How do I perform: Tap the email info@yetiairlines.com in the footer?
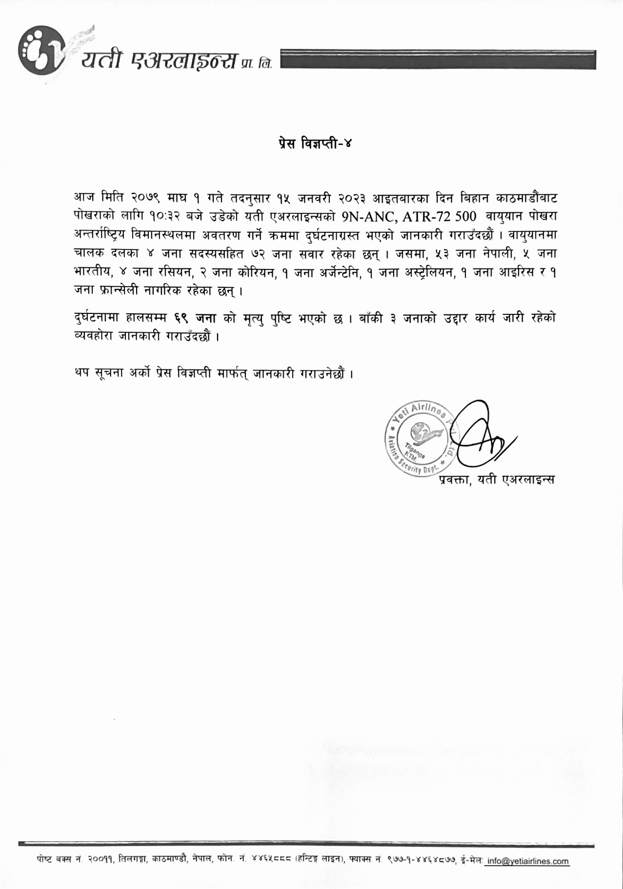[x=528, y=861]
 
